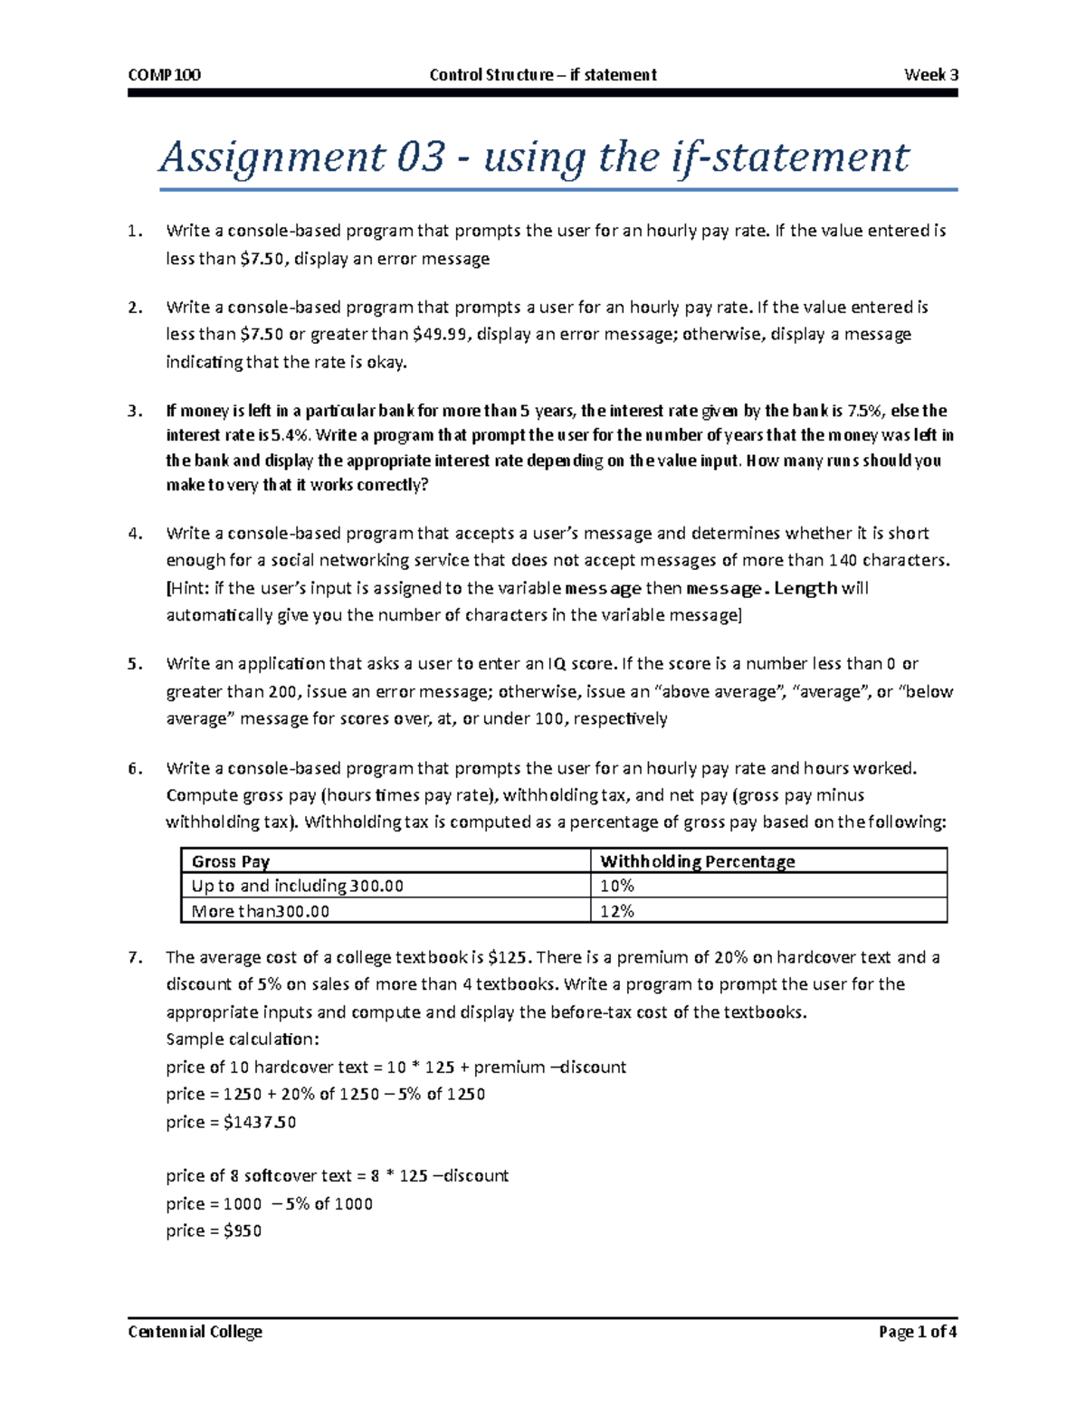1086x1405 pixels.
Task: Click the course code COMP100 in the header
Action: (164, 75)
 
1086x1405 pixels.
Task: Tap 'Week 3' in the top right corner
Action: (930, 75)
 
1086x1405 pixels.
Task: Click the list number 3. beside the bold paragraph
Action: (135, 411)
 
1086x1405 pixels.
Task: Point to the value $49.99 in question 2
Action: (441, 335)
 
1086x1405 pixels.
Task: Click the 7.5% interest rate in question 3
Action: (866, 411)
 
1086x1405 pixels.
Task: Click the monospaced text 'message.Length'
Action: (762, 588)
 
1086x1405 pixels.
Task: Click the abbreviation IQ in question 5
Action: (558, 664)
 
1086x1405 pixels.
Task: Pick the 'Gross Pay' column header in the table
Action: (231, 861)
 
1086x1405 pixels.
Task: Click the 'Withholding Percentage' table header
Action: (697, 861)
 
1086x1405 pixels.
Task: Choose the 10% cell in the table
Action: (616, 886)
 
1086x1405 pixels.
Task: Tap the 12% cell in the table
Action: (616, 911)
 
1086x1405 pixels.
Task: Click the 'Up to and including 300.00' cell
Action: (297, 886)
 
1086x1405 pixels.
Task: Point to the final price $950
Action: (243, 1231)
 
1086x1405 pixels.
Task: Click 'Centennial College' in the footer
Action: (195, 1332)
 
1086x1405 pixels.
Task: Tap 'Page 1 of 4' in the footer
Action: (917, 1332)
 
